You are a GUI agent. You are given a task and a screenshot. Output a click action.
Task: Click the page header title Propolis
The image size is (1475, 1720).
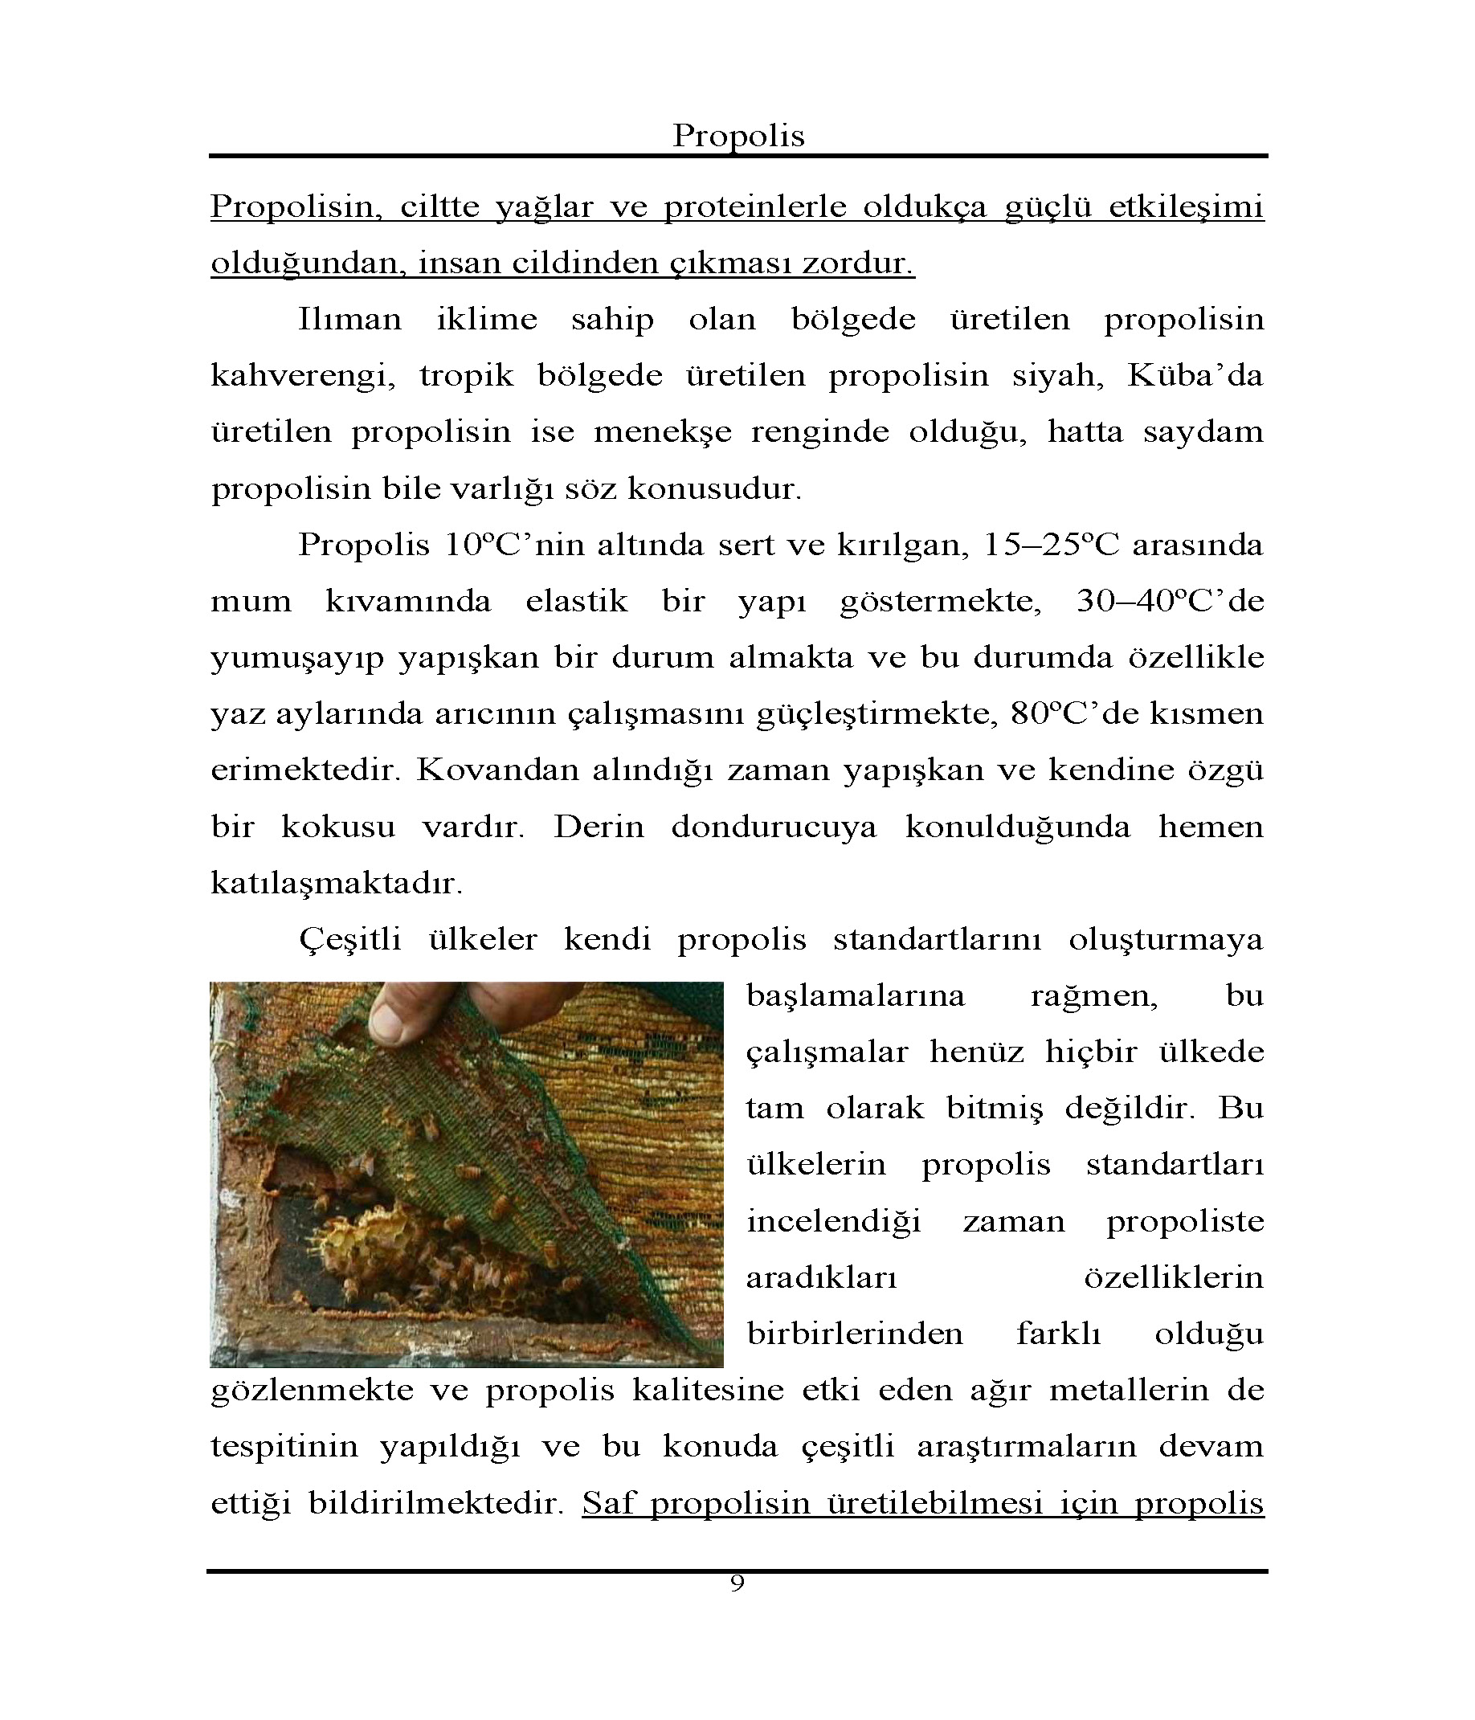pyautogui.click(x=738, y=135)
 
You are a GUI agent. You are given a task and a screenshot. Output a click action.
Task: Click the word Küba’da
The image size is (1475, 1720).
pyautogui.click(x=1195, y=376)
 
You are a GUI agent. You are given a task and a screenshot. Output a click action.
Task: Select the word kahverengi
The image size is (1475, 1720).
pyautogui.click(x=302, y=377)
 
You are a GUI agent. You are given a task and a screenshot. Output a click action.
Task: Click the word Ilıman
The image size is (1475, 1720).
pyautogui.click(x=349, y=320)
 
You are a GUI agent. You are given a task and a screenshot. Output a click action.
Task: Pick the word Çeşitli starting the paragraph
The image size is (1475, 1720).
pyautogui.click(x=349, y=940)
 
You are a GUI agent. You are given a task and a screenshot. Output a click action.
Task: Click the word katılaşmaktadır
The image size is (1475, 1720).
pyautogui.click(x=336, y=883)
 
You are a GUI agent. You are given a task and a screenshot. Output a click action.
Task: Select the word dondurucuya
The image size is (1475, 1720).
pyautogui.click(x=774, y=827)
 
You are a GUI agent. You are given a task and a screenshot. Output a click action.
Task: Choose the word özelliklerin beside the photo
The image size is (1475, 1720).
pyautogui.click(x=1174, y=1277)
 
